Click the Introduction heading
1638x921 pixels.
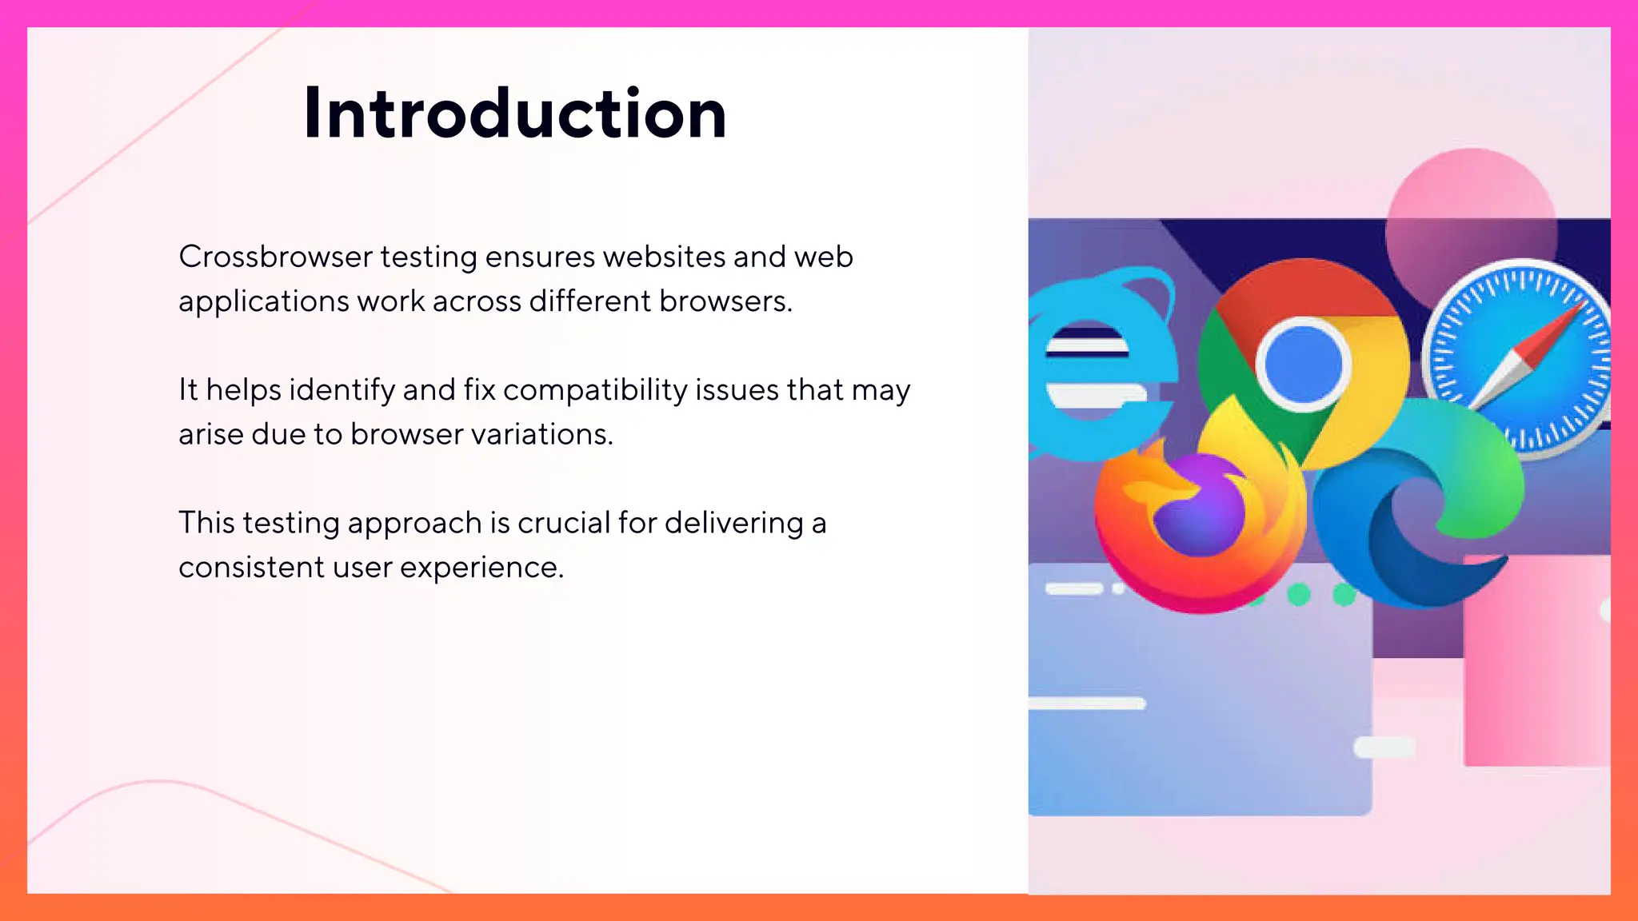point(515,114)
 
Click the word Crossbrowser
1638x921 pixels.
point(275,257)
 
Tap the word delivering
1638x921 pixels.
point(733,523)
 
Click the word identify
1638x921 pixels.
point(342,391)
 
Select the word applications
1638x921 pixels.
point(263,302)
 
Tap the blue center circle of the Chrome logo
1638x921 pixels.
point(1304,365)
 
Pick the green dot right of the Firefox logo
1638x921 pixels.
point(1298,594)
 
